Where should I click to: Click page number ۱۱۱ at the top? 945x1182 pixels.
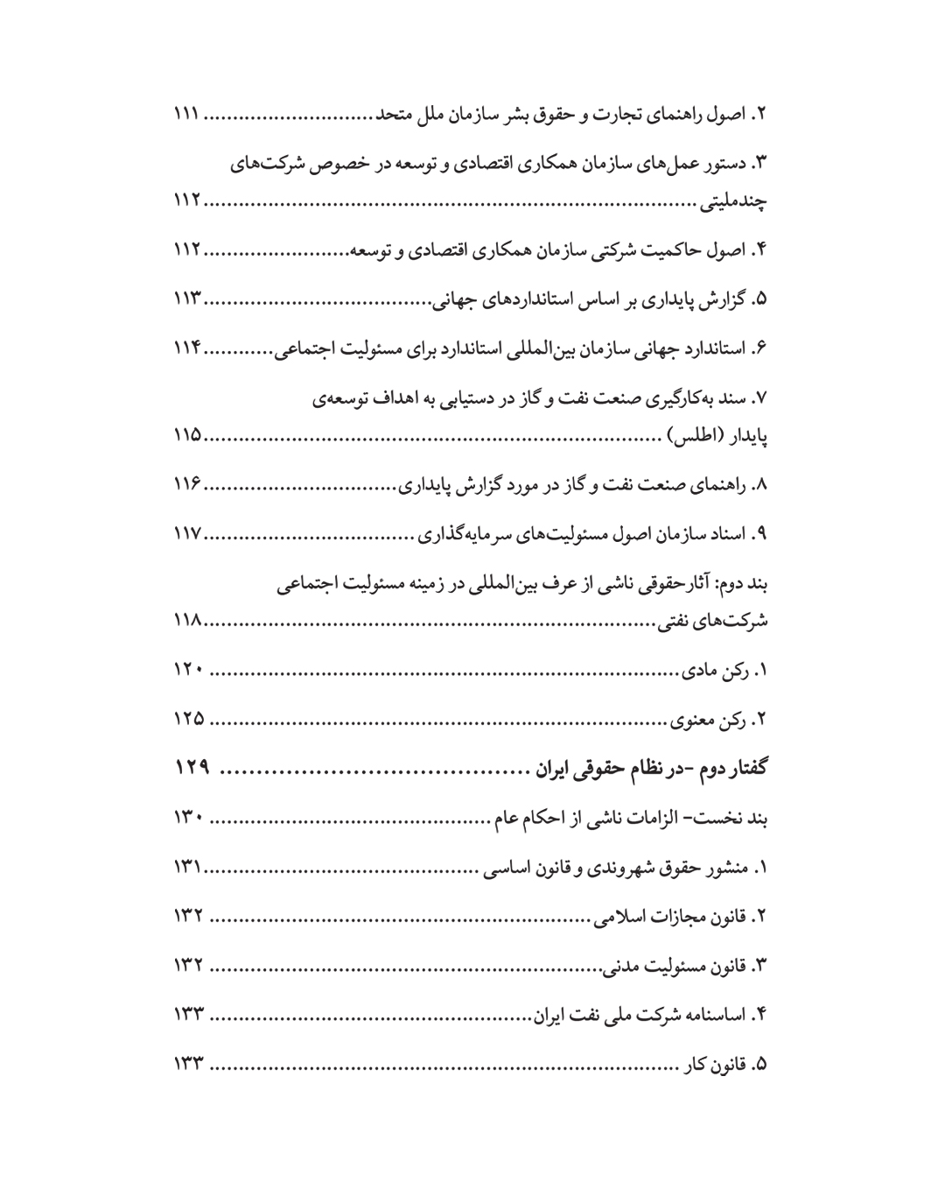pyautogui.click(x=186, y=115)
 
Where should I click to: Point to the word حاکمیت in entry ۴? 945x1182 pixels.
pyautogui.click(x=674, y=251)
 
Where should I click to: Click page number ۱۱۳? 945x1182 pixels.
pyautogui.click(x=187, y=299)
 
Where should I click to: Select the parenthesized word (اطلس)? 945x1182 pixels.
pyautogui.click(x=690, y=435)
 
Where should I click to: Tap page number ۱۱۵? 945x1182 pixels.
pyautogui.click(x=187, y=435)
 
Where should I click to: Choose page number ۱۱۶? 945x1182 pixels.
pyautogui.click(x=187, y=484)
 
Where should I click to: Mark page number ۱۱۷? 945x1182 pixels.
pyautogui.click(x=187, y=533)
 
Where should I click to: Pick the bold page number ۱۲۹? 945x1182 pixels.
pyautogui.click(x=192, y=769)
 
